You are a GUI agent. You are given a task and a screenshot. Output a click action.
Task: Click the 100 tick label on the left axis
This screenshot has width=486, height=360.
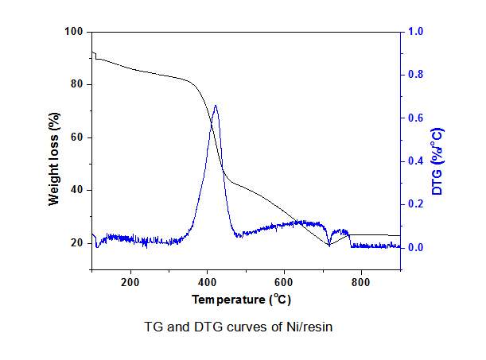tap(75, 32)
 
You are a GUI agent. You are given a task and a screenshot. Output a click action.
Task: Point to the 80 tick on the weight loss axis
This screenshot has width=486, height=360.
tap(77, 84)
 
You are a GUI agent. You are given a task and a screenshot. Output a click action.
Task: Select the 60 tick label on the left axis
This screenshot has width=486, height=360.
tap(77, 137)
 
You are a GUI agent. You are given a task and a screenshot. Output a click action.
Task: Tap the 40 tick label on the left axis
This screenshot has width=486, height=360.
tap(77, 190)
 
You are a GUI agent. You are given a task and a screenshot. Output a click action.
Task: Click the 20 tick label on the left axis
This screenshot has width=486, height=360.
tap(77, 242)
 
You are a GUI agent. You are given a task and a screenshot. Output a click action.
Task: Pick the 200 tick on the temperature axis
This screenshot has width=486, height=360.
tap(130, 281)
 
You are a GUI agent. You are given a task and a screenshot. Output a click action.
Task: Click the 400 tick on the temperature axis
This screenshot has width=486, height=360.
tap(207, 281)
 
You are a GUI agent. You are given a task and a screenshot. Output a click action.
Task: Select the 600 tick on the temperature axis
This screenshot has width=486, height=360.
tap(284, 281)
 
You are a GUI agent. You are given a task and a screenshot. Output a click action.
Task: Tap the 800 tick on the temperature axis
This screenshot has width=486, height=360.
tap(360, 281)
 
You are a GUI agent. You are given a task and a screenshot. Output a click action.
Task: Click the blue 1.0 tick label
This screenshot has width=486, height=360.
tap(416, 32)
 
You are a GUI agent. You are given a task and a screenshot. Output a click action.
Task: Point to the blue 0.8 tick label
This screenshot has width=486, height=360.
tap(416, 75)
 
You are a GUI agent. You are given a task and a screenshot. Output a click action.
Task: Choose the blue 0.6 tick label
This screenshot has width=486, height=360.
tap(416, 118)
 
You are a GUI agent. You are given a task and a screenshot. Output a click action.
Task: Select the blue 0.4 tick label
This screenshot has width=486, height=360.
tap(416, 161)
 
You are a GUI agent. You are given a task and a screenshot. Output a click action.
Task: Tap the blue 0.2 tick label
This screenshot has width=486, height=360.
tap(416, 204)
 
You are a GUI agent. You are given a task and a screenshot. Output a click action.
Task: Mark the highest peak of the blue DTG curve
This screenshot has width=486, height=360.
tap(215, 105)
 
